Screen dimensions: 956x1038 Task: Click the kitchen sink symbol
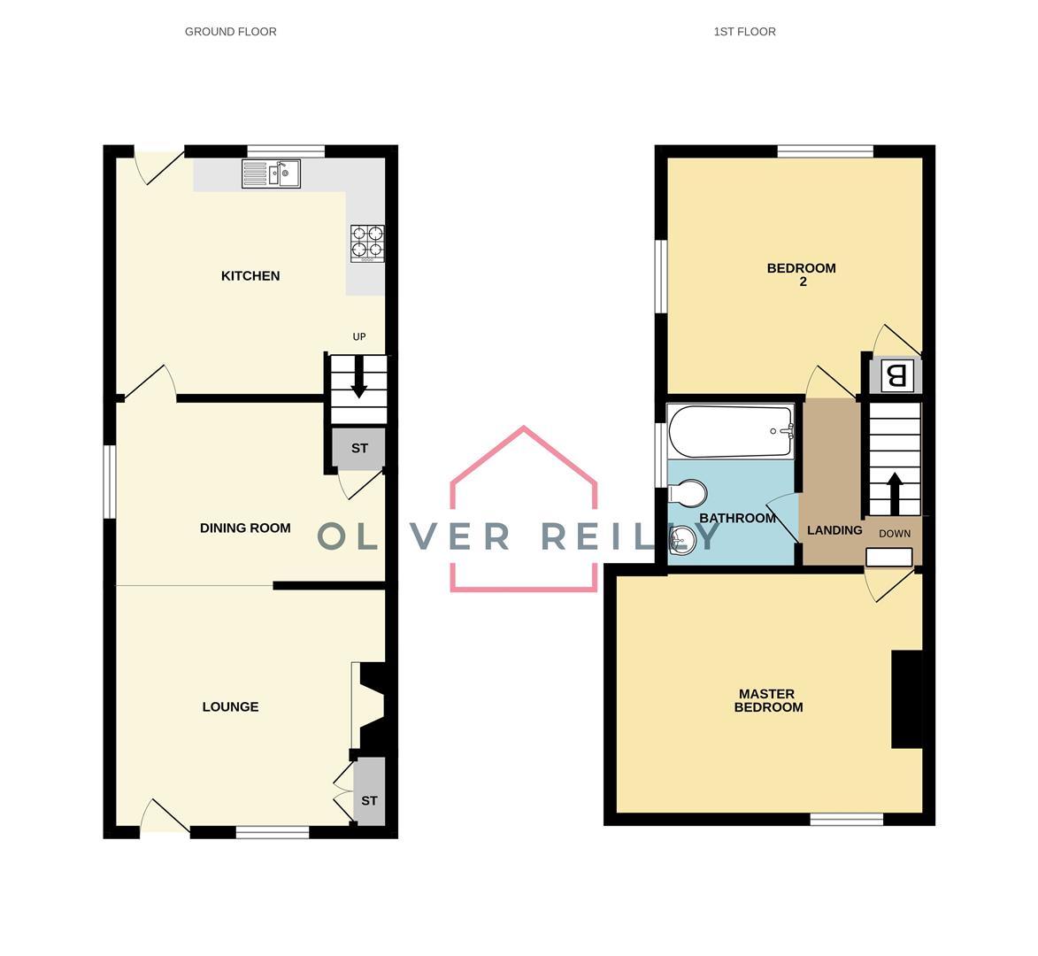pyautogui.click(x=271, y=173)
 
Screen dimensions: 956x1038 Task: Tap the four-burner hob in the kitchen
pyautogui.click(x=368, y=243)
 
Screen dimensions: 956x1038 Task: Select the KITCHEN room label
pyautogui.click(x=250, y=276)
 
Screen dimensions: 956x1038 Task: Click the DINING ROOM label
pyautogui.click(x=245, y=528)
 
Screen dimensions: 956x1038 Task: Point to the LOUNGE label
pyautogui.click(x=230, y=707)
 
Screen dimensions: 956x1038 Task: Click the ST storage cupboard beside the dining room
pyautogui.click(x=358, y=449)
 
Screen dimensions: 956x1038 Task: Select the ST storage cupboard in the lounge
pyautogui.click(x=369, y=801)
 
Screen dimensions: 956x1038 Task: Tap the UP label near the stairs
pyautogui.click(x=359, y=337)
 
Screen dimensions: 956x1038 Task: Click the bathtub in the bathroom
pyautogui.click(x=731, y=431)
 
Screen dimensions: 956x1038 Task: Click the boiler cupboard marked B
pyautogui.click(x=896, y=375)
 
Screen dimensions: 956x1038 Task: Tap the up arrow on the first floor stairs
pyautogui.click(x=894, y=493)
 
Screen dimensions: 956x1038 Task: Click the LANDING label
pyautogui.click(x=834, y=530)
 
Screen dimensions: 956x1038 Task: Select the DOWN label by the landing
pyautogui.click(x=895, y=534)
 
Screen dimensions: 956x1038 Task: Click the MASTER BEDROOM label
pyautogui.click(x=768, y=701)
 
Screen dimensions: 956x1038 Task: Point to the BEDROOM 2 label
pyautogui.click(x=801, y=275)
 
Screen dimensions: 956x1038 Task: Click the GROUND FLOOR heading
pyautogui.click(x=230, y=32)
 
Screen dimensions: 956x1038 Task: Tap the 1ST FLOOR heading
pyautogui.click(x=744, y=32)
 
